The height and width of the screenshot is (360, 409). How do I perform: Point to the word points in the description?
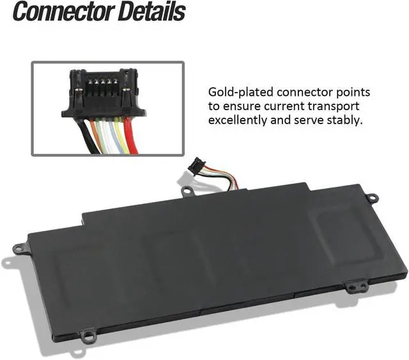click(x=353, y=93)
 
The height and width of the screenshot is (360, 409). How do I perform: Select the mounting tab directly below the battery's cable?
click(x=187, y=191)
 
